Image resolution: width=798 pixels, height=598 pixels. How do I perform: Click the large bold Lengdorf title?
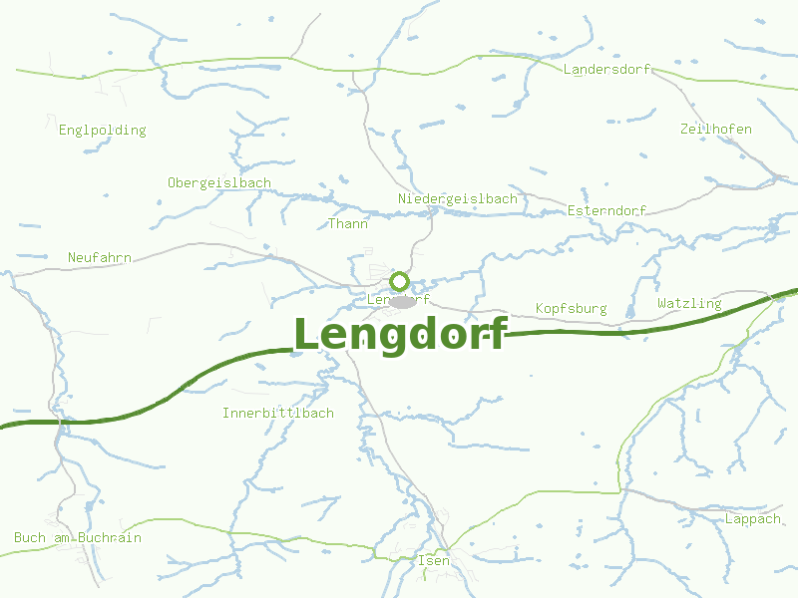coord(400,335)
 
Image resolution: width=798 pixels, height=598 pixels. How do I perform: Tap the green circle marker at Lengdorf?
coord(400,280)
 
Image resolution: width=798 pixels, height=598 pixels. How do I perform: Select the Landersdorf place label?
coord(606,70)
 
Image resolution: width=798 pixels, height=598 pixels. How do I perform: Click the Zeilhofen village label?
coord(715,130)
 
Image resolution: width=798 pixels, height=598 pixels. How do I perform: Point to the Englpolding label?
coord(102,131)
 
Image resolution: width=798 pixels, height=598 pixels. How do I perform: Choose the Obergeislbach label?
coord(219,183)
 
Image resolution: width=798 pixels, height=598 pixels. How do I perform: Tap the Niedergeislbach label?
coord(457,199)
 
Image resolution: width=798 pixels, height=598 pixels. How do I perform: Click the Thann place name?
coord(348,224)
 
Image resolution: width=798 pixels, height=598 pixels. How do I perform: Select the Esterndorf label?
coord(606,211)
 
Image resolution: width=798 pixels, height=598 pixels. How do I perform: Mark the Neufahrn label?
coord(100,258)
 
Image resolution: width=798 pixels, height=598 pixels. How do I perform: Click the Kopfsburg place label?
coord(571,309)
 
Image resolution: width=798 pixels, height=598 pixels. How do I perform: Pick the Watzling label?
coord(689,303)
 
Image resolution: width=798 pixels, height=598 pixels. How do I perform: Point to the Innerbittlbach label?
coord(278,413)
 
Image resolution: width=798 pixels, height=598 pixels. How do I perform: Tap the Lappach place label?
coord(753,519)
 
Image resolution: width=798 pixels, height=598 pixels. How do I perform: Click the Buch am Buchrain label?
coord(78,538)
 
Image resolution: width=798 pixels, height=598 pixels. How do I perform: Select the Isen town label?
coord(434,561)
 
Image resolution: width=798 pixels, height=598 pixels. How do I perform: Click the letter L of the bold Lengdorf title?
coord(307,335)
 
